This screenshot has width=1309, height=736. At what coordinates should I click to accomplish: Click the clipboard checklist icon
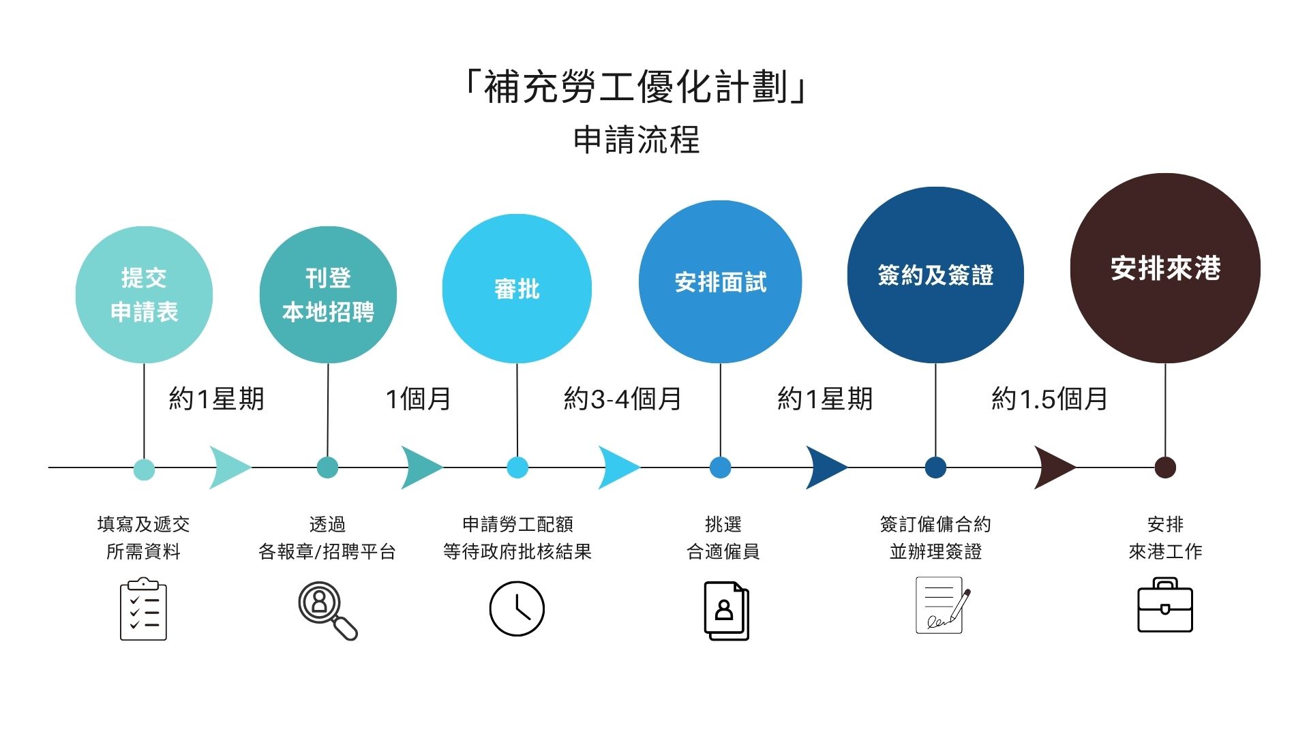pyautogui.click(x=143, y=609)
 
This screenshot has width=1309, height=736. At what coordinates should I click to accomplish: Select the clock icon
pyautogui.click(x=517, y=609)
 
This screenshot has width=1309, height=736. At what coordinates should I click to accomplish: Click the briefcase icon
pyautogui.click(x=1164, y=606)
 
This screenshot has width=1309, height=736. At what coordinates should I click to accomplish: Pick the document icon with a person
pyautogui.click(x=726, y=611)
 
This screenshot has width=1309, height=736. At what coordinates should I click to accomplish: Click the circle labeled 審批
pyautogui.click(x=517, y=289)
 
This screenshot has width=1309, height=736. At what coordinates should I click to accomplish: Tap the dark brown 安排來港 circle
pyautogui.click(x=1164, y=268)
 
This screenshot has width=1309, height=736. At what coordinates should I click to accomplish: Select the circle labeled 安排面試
pyautogui.click(x=720, y=281)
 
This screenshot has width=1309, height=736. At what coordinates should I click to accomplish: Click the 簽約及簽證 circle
pyautogui.click(x=935, y=275)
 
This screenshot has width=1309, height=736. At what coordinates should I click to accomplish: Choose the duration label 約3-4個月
pyautogui.click(x=622, y=399)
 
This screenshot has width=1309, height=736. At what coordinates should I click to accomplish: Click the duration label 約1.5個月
pyautogui.click(x=1049, y=399)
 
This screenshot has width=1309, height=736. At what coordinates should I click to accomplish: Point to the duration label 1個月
pyautogui.click(x=418, y=399)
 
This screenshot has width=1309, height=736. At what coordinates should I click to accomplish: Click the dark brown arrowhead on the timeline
pyautogui.click(x=1053, y=467)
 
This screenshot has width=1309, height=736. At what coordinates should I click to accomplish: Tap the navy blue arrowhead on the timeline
pyautogui.click(x=825, y=467)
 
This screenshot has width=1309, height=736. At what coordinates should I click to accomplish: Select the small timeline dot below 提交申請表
pyautogui.click(x=144, y=469)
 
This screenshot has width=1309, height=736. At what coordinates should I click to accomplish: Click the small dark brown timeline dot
pyautogui.click(x=1164, y=467)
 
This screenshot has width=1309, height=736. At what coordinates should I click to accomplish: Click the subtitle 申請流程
pyautogui.click(x=636, y=140)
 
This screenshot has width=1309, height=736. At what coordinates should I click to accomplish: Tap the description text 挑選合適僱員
pyautogui.click(x=723, y=538)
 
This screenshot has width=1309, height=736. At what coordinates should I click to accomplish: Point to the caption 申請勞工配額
pyautogui.click(x=517, y=524)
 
